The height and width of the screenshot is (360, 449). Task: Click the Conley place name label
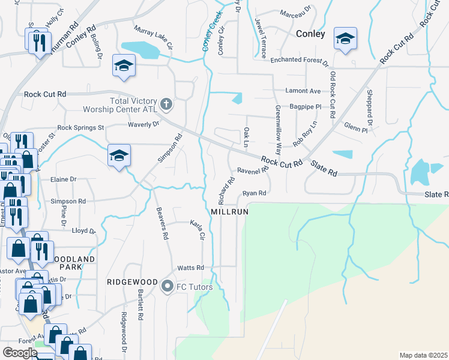(310, 34)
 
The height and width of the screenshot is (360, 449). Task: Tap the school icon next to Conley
(345, 40)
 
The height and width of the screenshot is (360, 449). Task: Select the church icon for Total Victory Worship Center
(166, 105)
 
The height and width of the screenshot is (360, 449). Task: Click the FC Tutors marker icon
(167, 287)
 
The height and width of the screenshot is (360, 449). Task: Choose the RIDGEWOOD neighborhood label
(132, 282)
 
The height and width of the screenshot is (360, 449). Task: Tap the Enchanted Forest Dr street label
(299, 61)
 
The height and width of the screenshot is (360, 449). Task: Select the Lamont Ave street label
(304, 91)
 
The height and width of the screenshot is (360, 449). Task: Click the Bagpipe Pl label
(306, 106)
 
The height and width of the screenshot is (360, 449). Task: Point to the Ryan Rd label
(254, 193)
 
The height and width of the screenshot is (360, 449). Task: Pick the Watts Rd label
(190, 268)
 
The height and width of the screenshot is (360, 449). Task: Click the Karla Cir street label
(197, 228)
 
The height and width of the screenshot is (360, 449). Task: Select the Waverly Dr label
(143, 124)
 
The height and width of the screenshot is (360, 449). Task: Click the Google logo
(20, 353)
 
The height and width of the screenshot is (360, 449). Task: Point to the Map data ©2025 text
(423, 355)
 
